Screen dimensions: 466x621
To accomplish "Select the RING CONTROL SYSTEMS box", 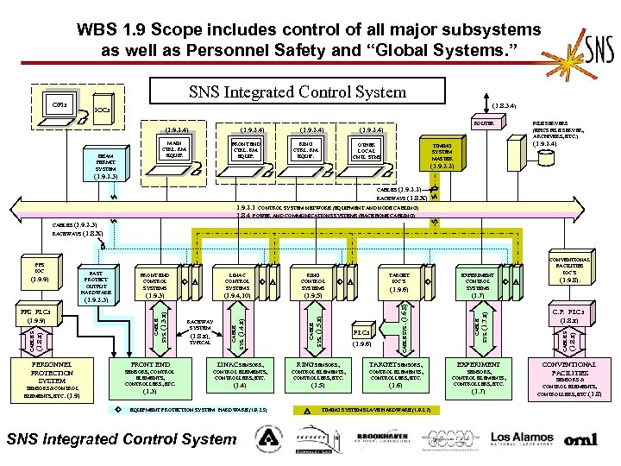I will (x=313, y=285).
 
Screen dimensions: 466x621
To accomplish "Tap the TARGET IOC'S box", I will (x=398, y=285).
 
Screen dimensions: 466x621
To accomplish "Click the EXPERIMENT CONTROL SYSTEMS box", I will (x=478, y=285).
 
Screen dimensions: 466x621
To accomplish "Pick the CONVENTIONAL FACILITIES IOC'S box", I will (x=568, y=270).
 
